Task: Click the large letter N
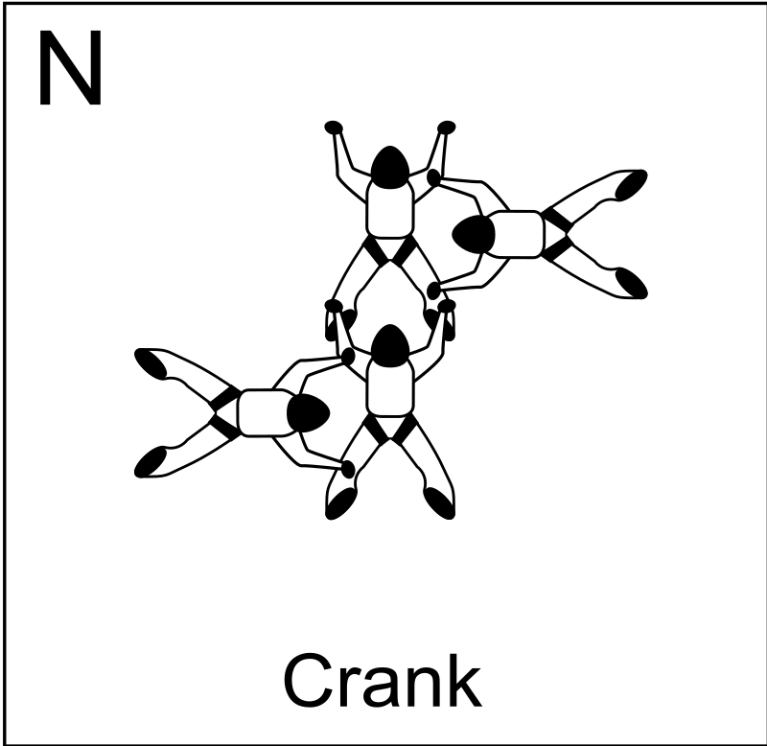point(70,67)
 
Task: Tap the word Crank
point(383,681)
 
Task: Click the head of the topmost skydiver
point(390,167)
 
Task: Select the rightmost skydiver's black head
point(474,234)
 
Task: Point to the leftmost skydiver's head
point(308,413)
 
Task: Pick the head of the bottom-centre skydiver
point(390,345)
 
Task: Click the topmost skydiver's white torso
point(390,210)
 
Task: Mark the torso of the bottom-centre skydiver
point(390,388)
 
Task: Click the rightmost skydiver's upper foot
point(631,185)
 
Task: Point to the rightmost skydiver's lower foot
point(631,283)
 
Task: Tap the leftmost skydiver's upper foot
point(151,364)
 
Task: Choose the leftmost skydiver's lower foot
point(151,462)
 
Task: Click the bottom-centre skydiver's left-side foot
point(340,503)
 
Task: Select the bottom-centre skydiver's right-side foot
point(439,503)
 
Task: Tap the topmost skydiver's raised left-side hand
point(334,128)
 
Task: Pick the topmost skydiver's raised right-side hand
point(446,128)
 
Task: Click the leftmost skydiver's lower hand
point(348,470)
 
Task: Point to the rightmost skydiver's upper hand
point(434,178)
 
